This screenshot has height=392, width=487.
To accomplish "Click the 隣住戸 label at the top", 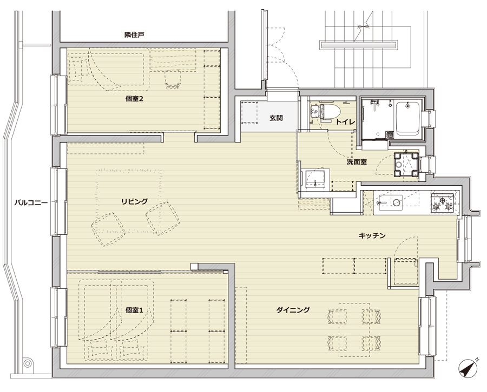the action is pos(135,35).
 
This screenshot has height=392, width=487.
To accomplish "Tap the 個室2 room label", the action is pos(134,99).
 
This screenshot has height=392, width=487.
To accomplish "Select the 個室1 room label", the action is pos(134,310).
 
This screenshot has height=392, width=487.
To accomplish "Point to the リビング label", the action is pos(135,202).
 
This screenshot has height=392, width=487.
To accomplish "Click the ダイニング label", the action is pos(293,309).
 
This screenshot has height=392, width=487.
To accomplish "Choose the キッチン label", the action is pos(372,235).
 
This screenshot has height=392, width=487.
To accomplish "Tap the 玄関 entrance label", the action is pos(276,118).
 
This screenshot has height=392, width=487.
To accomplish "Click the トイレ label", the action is pos(345,122).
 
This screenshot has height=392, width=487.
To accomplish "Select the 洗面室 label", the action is pos(357,162).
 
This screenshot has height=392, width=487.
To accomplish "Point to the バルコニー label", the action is pos(31,203).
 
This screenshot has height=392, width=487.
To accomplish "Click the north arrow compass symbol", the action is pos(468,368).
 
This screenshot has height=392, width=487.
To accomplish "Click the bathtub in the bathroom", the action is pos(407,118).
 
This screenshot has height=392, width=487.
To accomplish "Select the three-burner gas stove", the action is pos(442,202).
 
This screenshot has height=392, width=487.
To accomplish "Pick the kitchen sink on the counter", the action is pos(389,202).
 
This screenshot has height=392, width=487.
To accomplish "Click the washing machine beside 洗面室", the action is pos(406,164).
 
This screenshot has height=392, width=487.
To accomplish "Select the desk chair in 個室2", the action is pos(173,79).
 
